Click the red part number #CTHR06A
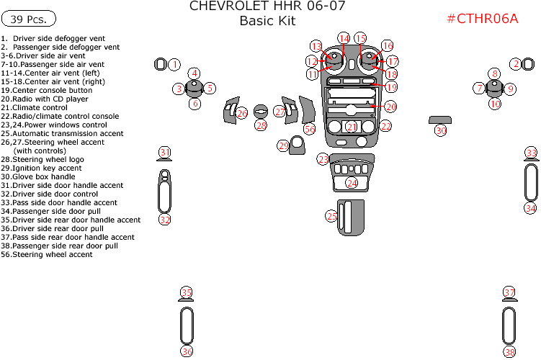click(483, 19)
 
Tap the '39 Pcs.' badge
click(29, 19)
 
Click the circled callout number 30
click(441, 130)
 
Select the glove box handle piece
click(440, 120)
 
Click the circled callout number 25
click(331, 216)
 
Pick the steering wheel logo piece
click(261, 112)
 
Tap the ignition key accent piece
click(297, 145)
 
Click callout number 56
click(310, 129)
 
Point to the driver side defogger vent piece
click(161, 64)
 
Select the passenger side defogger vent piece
click(528, 64)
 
